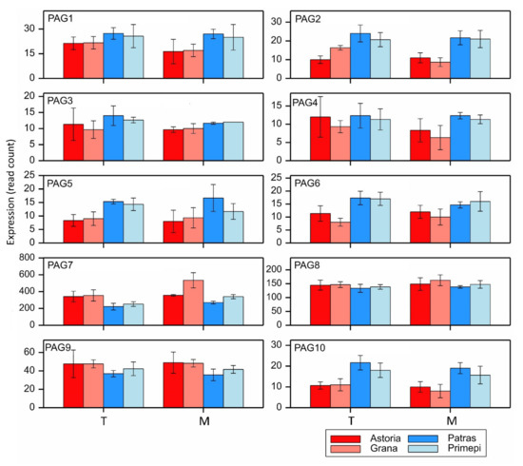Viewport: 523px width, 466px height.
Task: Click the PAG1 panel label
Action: pyautogui.click(x=63, y=20)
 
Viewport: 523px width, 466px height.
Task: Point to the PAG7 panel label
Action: pyautogui.click(x=63, y=266)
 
